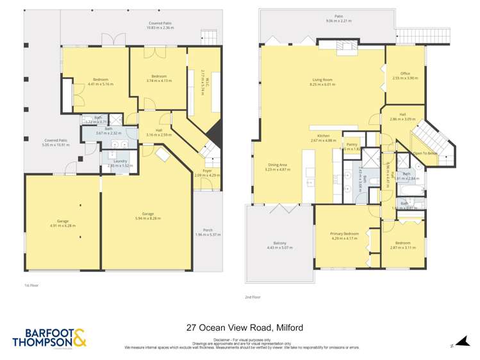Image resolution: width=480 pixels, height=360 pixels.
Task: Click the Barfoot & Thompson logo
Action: click(x=49, y=338)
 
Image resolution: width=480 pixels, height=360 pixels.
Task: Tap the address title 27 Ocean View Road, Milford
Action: click(x=244, y=327)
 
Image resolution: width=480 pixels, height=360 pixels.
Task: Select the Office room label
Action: click(x=404, y=76)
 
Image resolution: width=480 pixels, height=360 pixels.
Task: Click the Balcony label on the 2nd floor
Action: click(x=280, y=245)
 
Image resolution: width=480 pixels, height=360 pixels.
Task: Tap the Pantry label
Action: click(x=351, y=146)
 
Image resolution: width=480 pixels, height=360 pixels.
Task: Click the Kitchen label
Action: click(x=322, y=138)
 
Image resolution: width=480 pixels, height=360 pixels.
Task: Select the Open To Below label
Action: click(x=426, y=154)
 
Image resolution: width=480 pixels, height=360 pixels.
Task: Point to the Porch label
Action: click(x=208, y=232)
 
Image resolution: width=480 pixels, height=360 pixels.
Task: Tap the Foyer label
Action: click(x=206, y=172)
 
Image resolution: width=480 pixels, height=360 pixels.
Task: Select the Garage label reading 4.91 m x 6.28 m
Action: click(x=63, y=222)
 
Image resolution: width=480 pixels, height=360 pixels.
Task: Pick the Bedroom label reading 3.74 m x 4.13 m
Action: click(x=160, y=78)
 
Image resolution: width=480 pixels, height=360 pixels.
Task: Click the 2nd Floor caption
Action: click(x=252, y=297)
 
